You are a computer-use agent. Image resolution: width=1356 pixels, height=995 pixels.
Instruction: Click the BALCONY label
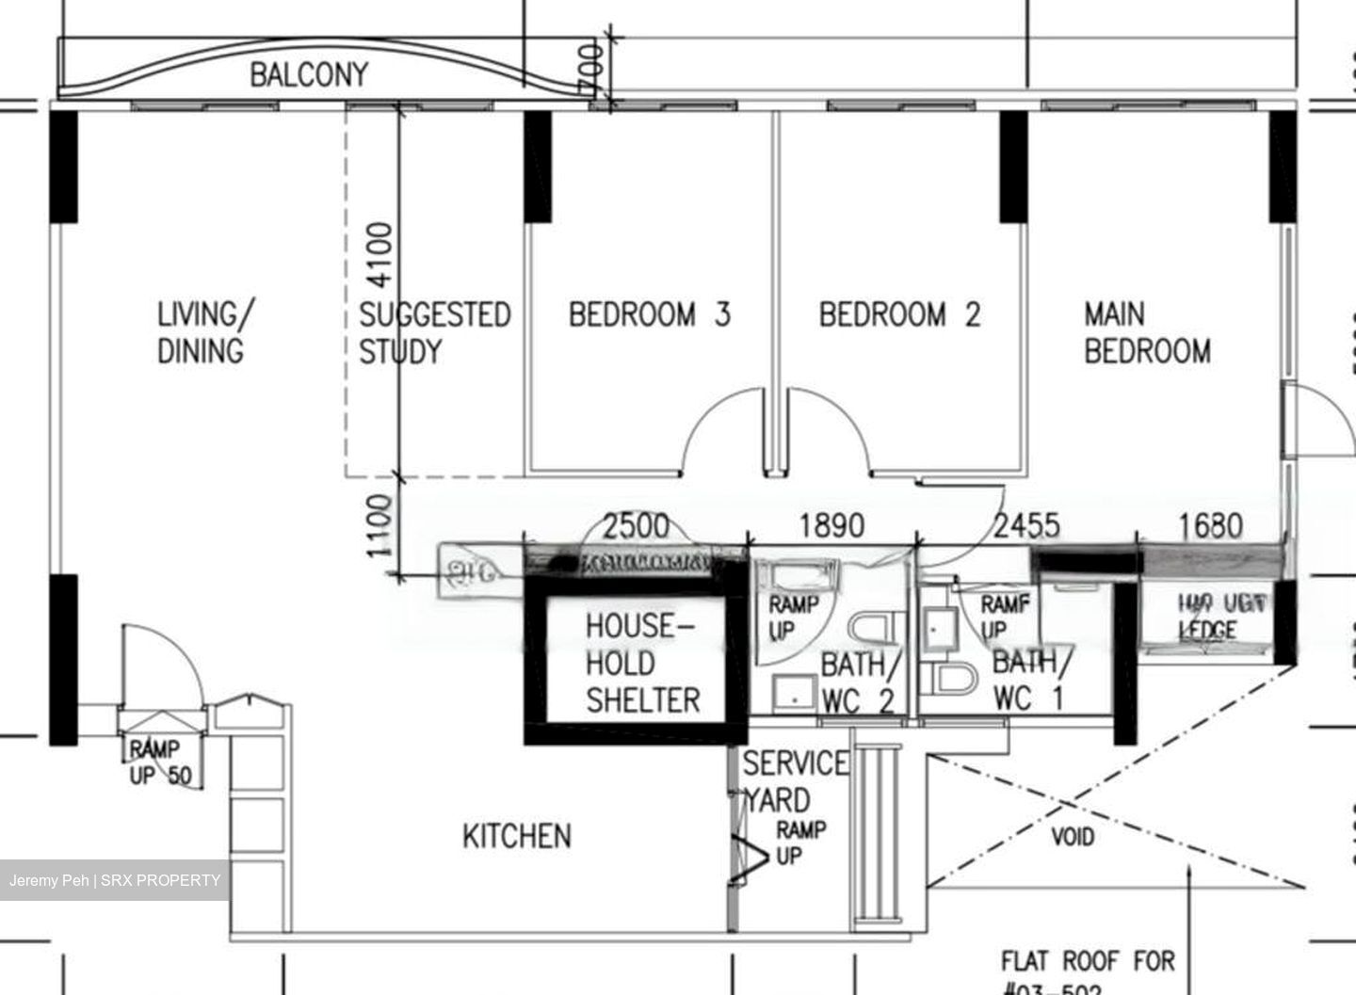[x=308, y=74]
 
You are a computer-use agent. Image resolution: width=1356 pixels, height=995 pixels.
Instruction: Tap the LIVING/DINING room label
[x=202, y=331]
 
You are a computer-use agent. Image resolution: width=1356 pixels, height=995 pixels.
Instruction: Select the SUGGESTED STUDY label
[x=434, y=332]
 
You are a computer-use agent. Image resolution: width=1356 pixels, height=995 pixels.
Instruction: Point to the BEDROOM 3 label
[x=649, y=313]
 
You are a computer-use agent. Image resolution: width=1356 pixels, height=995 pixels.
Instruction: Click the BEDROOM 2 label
[x=899, y=313]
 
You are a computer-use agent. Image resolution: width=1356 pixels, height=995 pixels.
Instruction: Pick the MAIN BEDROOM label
[x=1146, y=331]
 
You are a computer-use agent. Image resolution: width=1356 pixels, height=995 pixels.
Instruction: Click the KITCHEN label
[x=516, y=836]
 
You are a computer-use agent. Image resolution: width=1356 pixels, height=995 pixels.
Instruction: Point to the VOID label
[x=1073, y=836]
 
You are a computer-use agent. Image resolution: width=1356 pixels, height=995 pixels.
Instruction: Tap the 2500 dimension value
[x=636, y=525]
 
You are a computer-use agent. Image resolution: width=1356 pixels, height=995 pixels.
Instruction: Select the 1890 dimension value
[x=831, y=525]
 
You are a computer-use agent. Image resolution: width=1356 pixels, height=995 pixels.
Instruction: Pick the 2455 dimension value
[x=1026, y=525]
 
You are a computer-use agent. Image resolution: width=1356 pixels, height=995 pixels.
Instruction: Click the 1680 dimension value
[x=1210, y=525]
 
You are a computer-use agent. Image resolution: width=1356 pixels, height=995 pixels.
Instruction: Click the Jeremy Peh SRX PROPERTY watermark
[x=115, y=881]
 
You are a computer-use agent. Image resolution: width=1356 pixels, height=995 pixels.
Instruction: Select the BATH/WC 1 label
[x=1031, y=680]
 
